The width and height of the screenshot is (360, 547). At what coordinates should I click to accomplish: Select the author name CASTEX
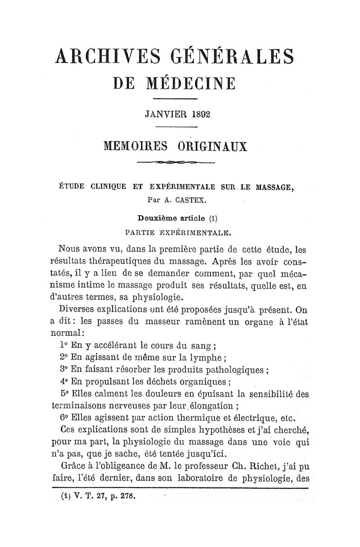click(182, 197)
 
